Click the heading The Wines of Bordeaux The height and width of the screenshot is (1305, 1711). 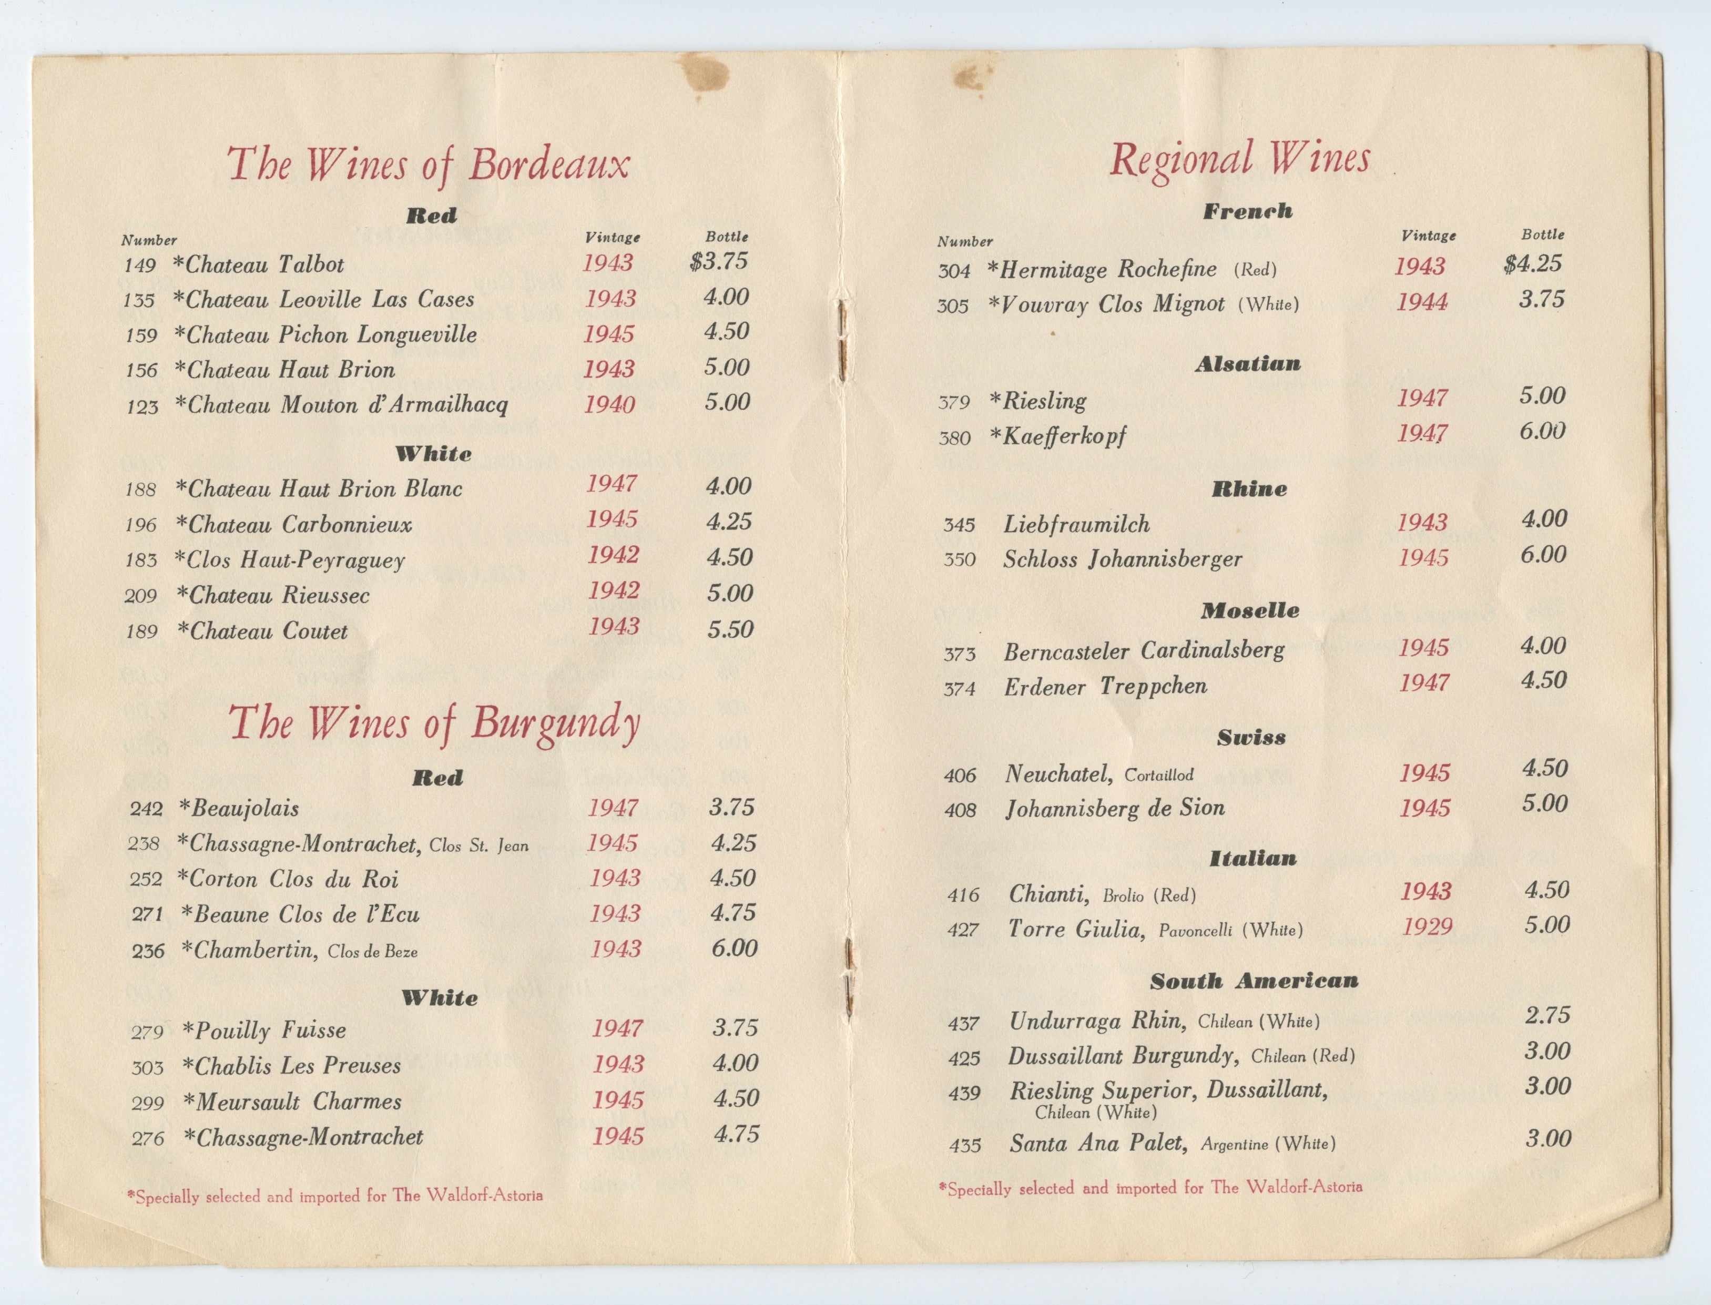click(x=428, y=165)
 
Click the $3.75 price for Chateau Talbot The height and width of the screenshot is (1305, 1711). click(x=718, y=261)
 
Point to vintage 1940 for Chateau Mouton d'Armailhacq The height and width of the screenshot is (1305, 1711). click(x=610, y=404)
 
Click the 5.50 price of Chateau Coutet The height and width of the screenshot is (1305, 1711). click(x=730, y=629)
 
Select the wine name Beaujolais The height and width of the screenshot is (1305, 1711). click(x=244, y=809)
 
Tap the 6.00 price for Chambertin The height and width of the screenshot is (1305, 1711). click(x=734, y=947)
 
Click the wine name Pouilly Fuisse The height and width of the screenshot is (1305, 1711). click(x=270, y=1031)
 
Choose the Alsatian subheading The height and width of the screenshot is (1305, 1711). click(x=1247, y=363)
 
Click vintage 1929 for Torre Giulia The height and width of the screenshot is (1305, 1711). click(x=1427, y=927)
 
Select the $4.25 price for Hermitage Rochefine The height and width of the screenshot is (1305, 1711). click(x=1532, y=264)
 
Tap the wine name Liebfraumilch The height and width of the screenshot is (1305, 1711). click(x=1076, y=524)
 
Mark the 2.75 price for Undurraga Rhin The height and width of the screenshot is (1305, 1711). click(x=1547, y=1015)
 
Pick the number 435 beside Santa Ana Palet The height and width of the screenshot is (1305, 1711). click(x=965, y=1145)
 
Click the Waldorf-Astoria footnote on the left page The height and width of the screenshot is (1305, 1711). click(x=335, y=1196)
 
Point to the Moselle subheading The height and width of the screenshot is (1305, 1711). click(x=1250, y=610)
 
